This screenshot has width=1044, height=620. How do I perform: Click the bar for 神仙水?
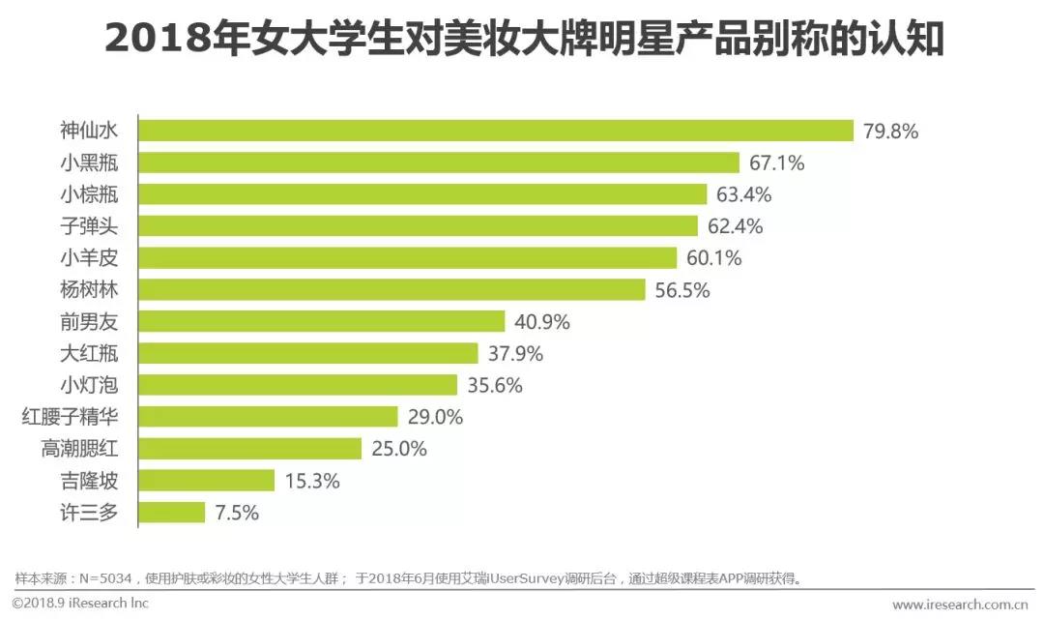point(495,131)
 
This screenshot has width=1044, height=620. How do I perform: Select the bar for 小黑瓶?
point(438,162)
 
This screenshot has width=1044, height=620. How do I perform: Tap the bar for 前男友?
point(321,321)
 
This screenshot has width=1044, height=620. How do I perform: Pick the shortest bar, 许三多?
point(171,513)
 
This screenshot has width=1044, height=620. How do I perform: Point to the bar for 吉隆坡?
point(206,481)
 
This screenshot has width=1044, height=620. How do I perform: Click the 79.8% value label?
point(890,131)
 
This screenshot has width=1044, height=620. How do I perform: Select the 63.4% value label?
point(743,194)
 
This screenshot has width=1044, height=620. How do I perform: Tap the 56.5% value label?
point(681,290)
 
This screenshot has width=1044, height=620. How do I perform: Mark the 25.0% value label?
point(398,449)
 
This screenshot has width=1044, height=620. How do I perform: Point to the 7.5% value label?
point(237,513)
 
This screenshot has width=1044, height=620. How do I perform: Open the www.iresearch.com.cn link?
point(960,605)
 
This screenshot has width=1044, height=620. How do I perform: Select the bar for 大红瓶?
point(307,353)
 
